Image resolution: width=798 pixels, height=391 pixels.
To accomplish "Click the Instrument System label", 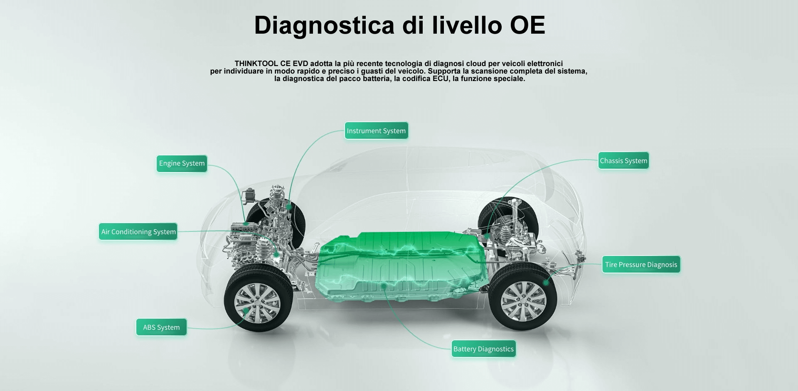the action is coord(376,130).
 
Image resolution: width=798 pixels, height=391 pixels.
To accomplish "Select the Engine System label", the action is coord(182,163).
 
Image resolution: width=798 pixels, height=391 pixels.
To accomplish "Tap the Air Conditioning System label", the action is coord(138,231).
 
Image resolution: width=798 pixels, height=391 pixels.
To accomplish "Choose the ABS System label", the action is coord(161,327).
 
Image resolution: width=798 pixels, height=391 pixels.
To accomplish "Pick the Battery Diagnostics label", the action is coord(483,349).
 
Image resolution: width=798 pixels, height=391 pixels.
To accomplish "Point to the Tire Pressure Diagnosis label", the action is coord(641,264).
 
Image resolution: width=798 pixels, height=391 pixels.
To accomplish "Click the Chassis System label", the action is coord(623,160).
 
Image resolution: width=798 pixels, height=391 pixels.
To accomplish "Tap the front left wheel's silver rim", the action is coord(257,303).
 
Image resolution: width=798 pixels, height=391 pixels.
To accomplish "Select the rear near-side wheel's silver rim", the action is coord(523,301).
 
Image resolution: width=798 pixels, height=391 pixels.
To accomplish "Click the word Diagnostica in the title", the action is coord(324,26).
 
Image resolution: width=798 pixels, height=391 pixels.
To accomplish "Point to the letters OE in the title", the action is coord(527,25).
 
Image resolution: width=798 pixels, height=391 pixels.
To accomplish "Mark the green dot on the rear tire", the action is coord(546,283).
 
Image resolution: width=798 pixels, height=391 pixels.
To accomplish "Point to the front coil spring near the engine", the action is coord(263,250).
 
